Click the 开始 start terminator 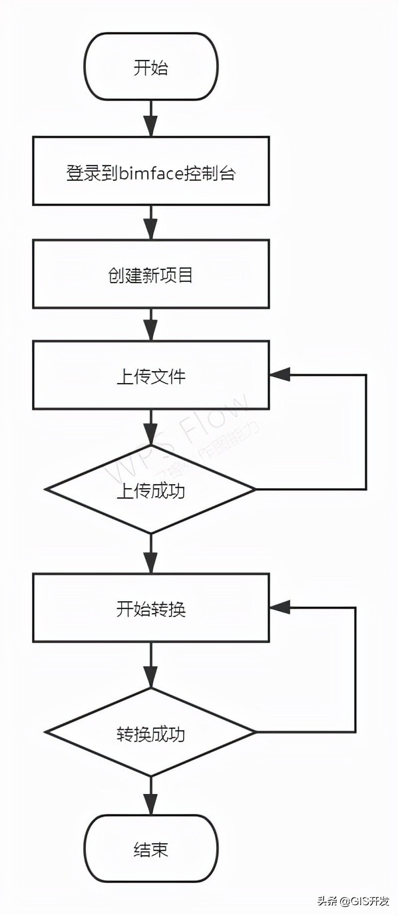(x=151, y=67)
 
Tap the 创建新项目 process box (x=151, y=274)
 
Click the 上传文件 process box (x=151, y=376)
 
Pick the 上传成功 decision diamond (x=151, y=491)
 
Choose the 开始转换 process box (x=151, y=608)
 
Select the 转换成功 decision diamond (x=151, y=733)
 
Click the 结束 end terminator (x=151, y=849)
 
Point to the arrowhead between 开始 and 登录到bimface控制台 (x=151, y=127)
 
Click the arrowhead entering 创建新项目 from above (x=151, y=231)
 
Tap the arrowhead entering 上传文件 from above (x=151, y=332)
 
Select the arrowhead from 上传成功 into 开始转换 (x=151, y=566)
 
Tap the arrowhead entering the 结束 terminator (x=151, y=806)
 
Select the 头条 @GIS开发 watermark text (x=353, y=901)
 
